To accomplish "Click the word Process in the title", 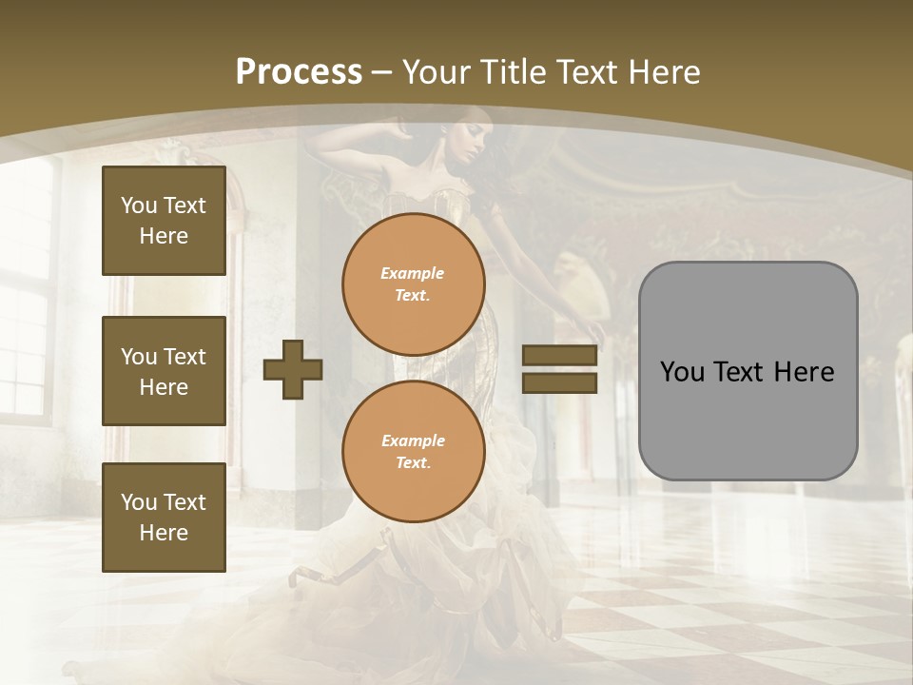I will pyautogui.click(x=299, y=72).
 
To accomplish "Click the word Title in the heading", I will pyautogui.click(x=511, y=72).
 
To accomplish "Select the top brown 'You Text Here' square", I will pyautogui.click(x=164, y=221).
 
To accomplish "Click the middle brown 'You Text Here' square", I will pyautogui.click(x=164, y=371).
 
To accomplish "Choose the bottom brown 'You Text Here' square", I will pyautogui.click(x=164, y=518).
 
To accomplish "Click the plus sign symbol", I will pyautogui.click(x=293, y=369).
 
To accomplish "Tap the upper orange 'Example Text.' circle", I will pyautogui.click(x=413, y=284).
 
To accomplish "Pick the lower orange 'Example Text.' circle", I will pyautogui.click(x=413, y=452).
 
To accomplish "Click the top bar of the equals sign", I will pyautogui.click(x=559, y=355).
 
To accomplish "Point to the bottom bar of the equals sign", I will pyautogui.click(x=559, y=382).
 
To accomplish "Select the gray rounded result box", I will pyautogui.click(x=748, y=371).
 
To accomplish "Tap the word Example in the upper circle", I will pyautogui.click(x=413, y=273).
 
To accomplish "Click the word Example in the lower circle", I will pyautogui.click(x=413, y=440).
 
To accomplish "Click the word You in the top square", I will pyautogui.click(x=139, y=205).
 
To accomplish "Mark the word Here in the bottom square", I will pyautogui.click(x=164, y=533).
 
